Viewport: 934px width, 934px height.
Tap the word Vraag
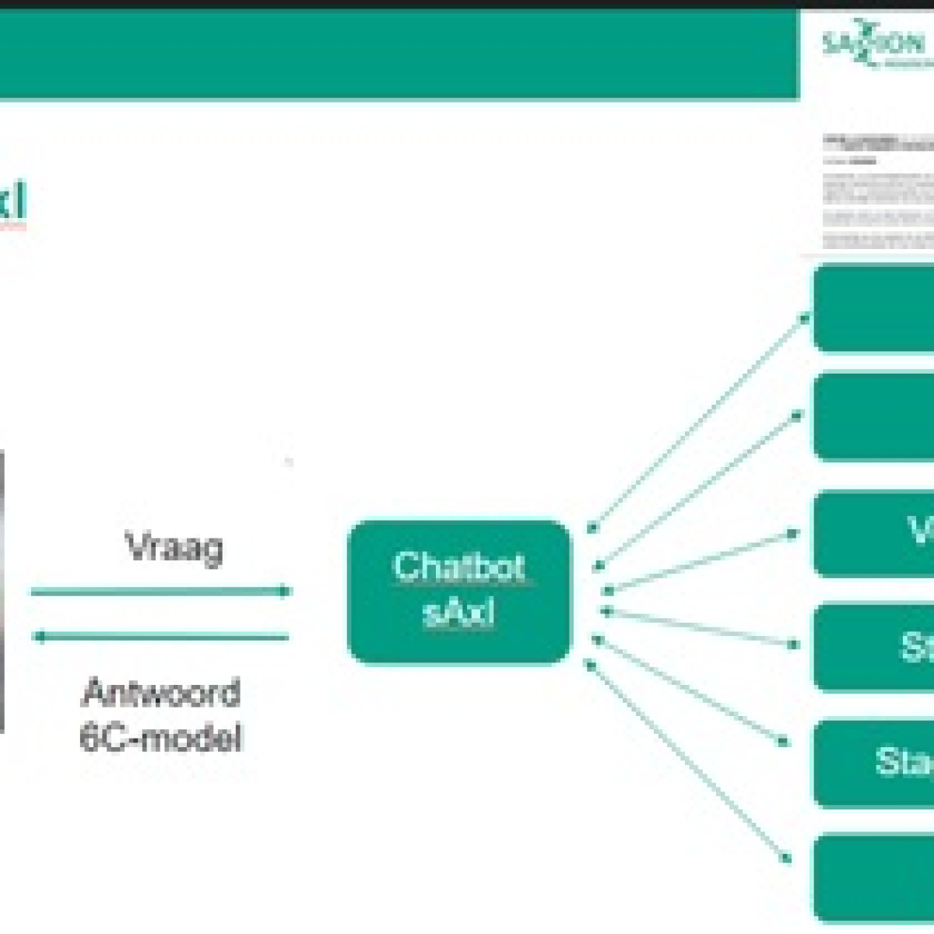pyautogui.click(x=174, y=546)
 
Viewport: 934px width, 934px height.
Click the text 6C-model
pyautogui.click(x=160, y=737)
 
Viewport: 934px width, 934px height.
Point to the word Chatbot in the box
pyautogui.click(x=459, y=567)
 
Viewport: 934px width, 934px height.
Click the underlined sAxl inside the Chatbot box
pyautogui.click(x=458, y=613)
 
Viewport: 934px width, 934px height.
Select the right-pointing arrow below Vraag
pyautogui.click(x=160, y=592)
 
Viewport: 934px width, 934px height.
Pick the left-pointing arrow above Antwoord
pyautogui.click(x=160, y=637)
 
